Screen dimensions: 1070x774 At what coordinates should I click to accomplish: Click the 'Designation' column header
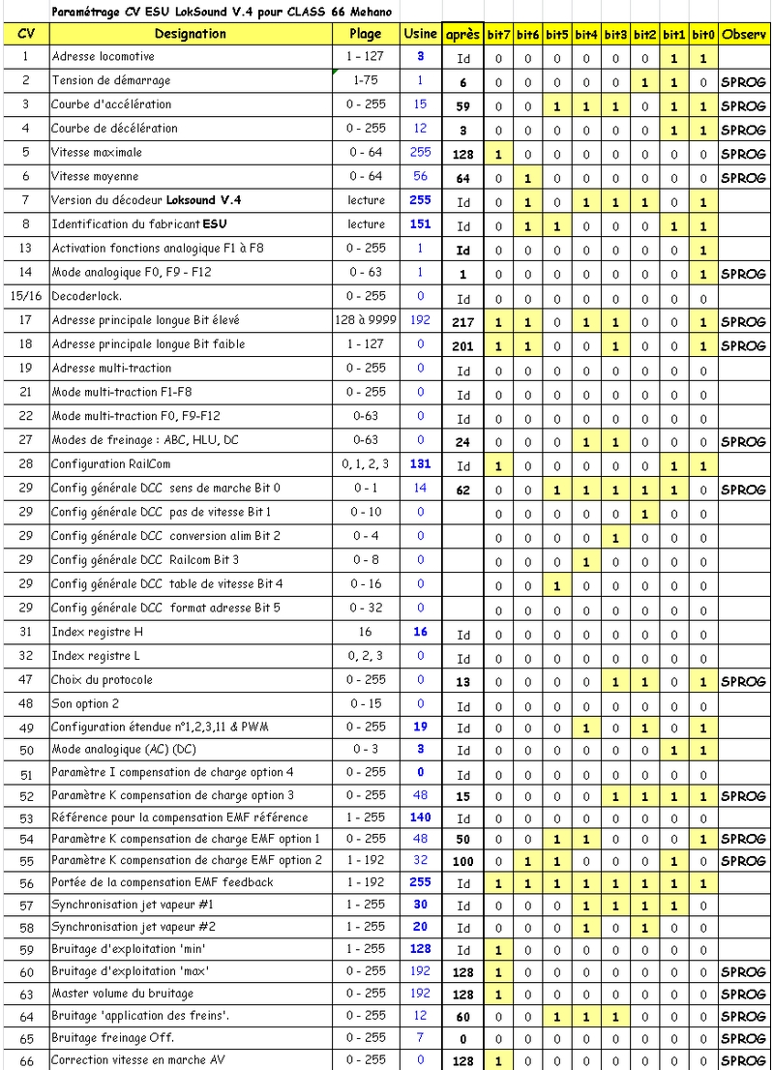190,34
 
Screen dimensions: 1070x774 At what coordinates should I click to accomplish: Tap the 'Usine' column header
420,34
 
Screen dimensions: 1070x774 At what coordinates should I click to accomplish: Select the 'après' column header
462,35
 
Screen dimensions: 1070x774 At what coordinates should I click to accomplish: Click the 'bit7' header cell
498,35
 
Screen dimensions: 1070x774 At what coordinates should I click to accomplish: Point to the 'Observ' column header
743,35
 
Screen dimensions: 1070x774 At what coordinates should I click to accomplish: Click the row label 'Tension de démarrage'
110,81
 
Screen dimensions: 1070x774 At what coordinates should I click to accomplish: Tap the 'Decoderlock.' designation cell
86,297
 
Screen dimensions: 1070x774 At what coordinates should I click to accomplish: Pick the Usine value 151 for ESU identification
420,224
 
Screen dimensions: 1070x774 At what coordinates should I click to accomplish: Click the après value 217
463,321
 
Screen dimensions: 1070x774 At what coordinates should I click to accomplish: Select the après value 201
463,345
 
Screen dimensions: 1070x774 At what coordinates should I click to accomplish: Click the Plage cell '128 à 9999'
366,320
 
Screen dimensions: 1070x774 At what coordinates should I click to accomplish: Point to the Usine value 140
420,817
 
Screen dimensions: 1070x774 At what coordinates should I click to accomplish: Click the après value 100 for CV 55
463,861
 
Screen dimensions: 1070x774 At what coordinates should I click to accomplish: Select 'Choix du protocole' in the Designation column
102,680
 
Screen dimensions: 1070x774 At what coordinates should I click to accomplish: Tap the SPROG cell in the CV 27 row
743,441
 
